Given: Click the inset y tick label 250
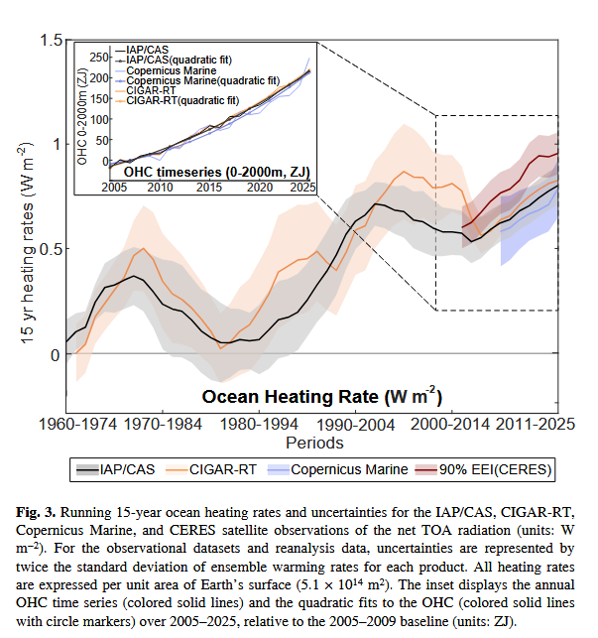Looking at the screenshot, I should tap(98, 60).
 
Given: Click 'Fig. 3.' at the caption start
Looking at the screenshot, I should tap(38, 511).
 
